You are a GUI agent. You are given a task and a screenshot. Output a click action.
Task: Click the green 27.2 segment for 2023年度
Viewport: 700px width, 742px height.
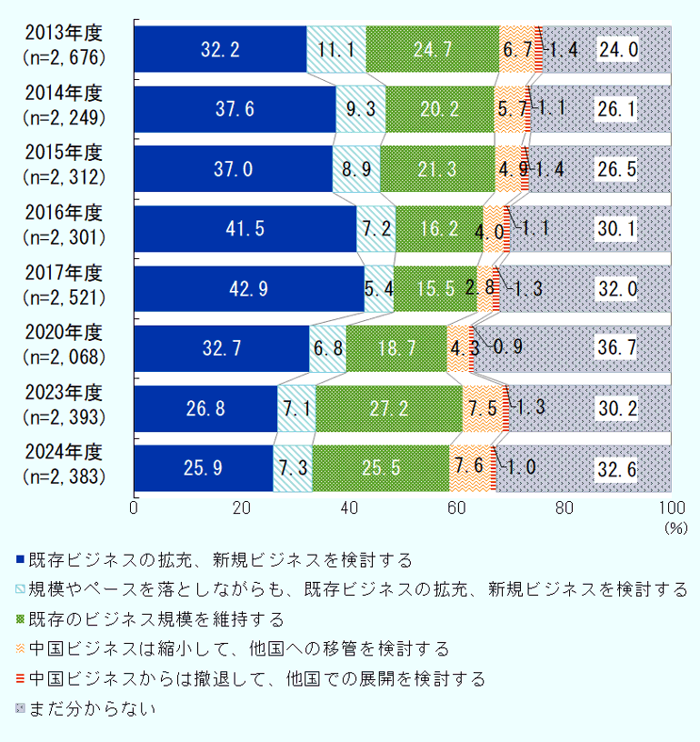click(388, 408)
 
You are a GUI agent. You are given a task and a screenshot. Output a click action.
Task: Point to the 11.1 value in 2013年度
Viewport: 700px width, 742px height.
click(336, 49)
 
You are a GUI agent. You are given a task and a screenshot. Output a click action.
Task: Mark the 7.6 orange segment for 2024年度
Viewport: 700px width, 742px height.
click(469, 468)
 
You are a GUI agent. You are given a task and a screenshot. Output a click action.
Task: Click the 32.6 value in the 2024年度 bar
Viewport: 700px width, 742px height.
click(617, 468)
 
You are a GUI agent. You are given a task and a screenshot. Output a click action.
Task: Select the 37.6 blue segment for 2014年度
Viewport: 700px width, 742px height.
click(235, 109)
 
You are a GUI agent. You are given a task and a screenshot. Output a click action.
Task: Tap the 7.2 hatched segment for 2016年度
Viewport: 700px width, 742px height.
click(375, 228)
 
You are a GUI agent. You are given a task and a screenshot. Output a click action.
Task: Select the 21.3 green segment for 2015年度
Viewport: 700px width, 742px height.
click(436, 169)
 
